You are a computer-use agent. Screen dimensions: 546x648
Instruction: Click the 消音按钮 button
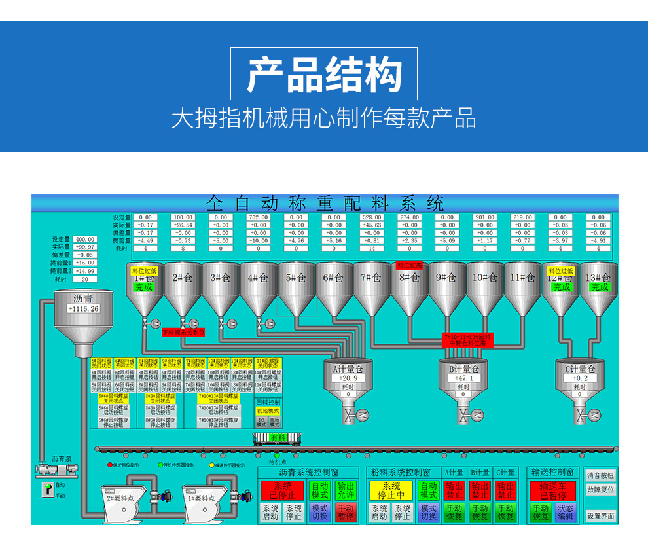click(x=600, y=475)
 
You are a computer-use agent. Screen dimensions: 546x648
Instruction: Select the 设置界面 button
click(x=600, y=516)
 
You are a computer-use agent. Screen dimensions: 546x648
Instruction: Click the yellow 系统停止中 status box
click(x=391, y=491)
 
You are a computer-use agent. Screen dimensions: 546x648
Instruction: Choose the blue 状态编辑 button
click(x=565, y=513)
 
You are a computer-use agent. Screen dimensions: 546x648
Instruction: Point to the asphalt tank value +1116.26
click(x=83, y=308)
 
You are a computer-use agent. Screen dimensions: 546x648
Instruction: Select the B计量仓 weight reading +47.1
click(x=463, y=378)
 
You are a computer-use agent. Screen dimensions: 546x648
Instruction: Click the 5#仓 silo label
click(x=297, y=278)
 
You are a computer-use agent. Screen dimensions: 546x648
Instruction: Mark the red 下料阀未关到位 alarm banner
click(x=183, y=332)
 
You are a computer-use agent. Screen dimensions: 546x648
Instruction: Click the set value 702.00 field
click(x=259, y=217)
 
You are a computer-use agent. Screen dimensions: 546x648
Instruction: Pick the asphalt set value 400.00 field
click(x=84, y=240)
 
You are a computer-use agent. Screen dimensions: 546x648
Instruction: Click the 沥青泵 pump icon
click(x=56, y=470)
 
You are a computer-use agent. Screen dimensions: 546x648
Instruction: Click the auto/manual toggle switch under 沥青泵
click(x=47, y=489)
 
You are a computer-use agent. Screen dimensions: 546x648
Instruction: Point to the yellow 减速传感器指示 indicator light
click(x=212, y=465)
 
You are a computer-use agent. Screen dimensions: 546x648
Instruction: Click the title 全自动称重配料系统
click(x=325, y=202)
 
